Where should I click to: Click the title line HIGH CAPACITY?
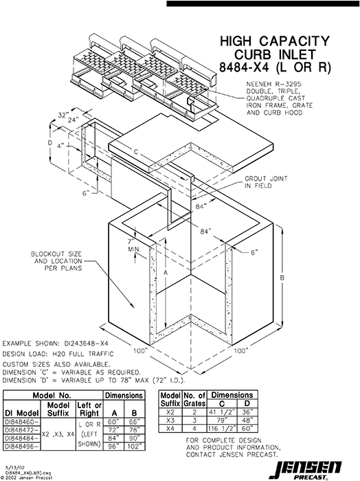(273, 43)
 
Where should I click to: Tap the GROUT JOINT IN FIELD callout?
(264, 181)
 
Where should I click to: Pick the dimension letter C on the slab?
(137, 150)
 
